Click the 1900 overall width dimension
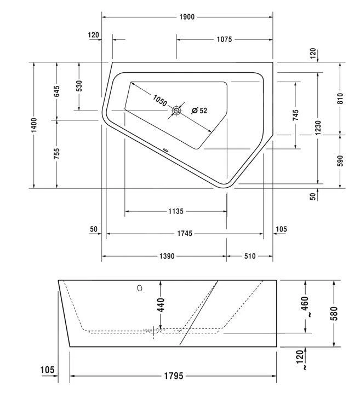pyautogui.click(x=187, y=17)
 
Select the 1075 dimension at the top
pyautogui.click(x=224, y=39)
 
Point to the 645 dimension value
pyautogui.click(x=56, y=91)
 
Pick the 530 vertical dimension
pyautogui.click(x=79, y=86)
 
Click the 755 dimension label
pyautogui.click(x=56, y=154)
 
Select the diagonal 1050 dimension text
pyautogui.click(x=159, y=101)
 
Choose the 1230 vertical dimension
pyautogui.click(x=318, y=126)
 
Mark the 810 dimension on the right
pyautogui.click(x=340, y=99)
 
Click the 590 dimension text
pyautogui.click(x=340, y=161)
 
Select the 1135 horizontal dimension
pyautogui.click(x=175, y=211)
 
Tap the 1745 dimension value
pyautogui.click(x=185, y=234)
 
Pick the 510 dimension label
pyautogui.click(x=249, y=256)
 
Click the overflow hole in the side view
pyautogui.click(x=139, y=287)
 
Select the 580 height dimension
pyautogui.click(x=333, y=313)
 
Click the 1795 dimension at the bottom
pyautogui.click(x=173, y=376)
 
